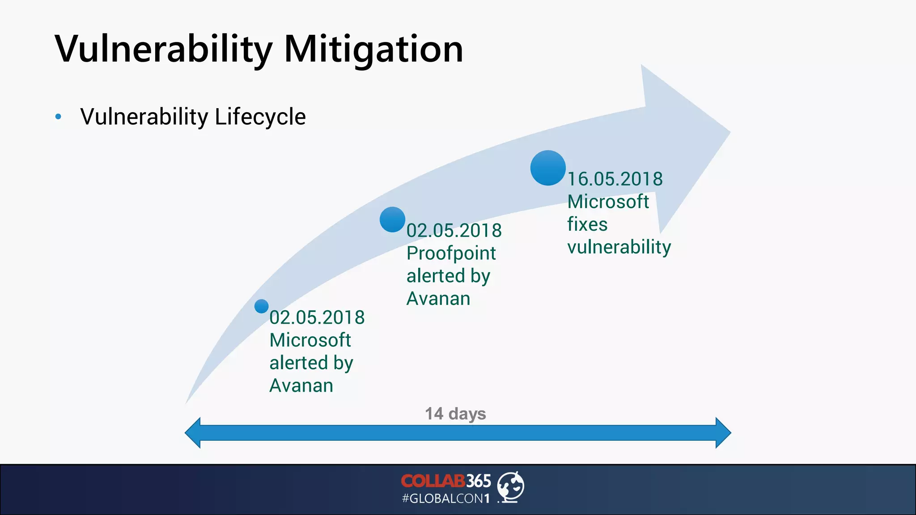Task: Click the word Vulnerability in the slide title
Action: tap(163, 49)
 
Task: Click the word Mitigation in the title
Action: tap(373, 49)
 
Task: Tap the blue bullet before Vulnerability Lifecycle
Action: tap(58, 117)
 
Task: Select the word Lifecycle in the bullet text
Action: tap(260, 117)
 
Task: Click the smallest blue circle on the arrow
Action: tap(262, 306)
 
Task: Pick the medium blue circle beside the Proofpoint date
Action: tap(392, 220)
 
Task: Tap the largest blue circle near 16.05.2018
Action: tap(548, 168)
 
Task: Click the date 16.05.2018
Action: tap(615, 179)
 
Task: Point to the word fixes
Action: tap(587, 224)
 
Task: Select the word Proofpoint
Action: tap(451, 253)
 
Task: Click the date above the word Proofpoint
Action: tap(454, 231)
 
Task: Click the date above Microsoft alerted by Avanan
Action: tap(317, 318)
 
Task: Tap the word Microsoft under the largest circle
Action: tap(608, 202)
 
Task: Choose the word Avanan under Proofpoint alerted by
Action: tap(438, 299)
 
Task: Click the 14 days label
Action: tap(455, 414)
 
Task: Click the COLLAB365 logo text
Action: tap(446, 481)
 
